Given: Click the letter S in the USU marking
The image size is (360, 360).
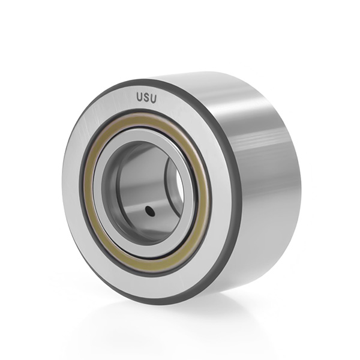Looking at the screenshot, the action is click(x=146, y=97).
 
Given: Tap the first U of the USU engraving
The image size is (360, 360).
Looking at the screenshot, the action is click(x=140, y=97).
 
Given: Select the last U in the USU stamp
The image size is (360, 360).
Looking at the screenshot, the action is click(x=154, y=98).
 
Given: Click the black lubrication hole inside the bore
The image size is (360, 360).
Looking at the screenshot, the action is click(x=150, y=211).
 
